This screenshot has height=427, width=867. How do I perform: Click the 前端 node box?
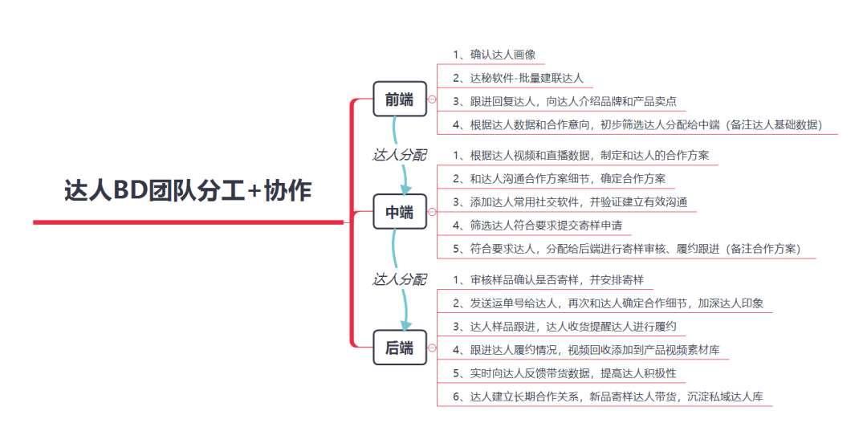pyautogui.click(x=399, y=100)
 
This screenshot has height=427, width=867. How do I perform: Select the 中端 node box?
pyautogui.click(x=399, y=213)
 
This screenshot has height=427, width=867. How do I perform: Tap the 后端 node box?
pyautogui.click(x=399, y=348)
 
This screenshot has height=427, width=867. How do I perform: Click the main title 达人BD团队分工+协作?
pyautogui.click(x=188, y=191)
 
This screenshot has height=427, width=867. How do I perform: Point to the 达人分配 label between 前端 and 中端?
pyautogui.click(x=399, y=154)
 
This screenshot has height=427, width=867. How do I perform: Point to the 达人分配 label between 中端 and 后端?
pyautogui.click(x=399, y=279)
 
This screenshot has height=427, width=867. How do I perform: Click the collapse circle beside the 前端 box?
pyautogui.click(x=432, y=100)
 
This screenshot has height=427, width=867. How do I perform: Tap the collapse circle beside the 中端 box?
pyautogui.click(x=432, y=213)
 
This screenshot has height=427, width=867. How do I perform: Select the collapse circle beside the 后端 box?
pyautogui.click(x=432, y=348)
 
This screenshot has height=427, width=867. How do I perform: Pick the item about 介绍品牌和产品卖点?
pyautogui.click(x=564, y=102)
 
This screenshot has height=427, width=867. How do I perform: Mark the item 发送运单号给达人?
pyautogui.click(x=612, y=303)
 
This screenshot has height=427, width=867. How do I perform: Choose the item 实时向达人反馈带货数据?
pyautogui.click(x=564, y=373)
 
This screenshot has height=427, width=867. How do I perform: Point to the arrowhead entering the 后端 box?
pyautogui.click(x=405, y=323)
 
